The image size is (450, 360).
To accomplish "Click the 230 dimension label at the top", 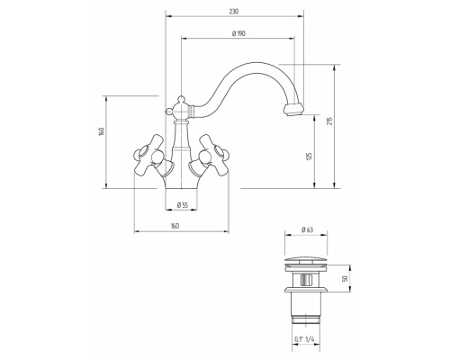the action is click(234, 12).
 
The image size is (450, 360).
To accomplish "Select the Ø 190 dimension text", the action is click(238, 33).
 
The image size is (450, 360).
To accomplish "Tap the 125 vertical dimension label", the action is click(310, 157).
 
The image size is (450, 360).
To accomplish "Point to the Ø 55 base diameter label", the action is click(182, 205).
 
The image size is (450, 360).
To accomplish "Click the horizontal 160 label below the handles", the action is click(175, 226).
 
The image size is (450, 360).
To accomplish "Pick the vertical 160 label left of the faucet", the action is click(101, 131).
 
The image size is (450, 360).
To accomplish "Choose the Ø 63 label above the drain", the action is click(307, 229).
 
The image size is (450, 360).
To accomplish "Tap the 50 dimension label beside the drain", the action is click(345, 278).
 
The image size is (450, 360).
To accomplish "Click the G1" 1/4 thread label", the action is click(304, 339).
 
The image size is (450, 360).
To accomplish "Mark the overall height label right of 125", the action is click(329, 121).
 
